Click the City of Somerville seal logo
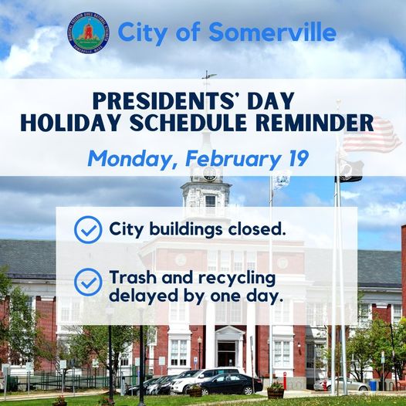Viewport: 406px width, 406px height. pos(88,33)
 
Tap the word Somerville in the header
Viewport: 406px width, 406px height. pos(272,32)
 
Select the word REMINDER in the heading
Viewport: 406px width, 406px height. pos(316,123)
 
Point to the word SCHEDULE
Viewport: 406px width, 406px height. pos(188,123)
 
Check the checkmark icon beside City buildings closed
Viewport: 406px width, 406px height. pos(88,230)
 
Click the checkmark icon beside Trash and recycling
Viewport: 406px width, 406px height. pos(88,282)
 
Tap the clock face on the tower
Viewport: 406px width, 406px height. pos(209,173)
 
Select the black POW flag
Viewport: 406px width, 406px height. pos(350,171)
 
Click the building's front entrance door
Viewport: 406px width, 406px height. pos(227,354)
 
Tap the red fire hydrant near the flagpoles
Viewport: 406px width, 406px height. pos(325,385)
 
